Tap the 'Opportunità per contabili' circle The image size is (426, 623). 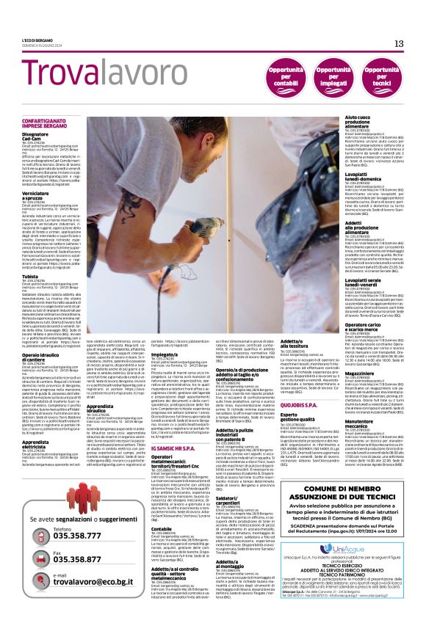click(x=283, y=76)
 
